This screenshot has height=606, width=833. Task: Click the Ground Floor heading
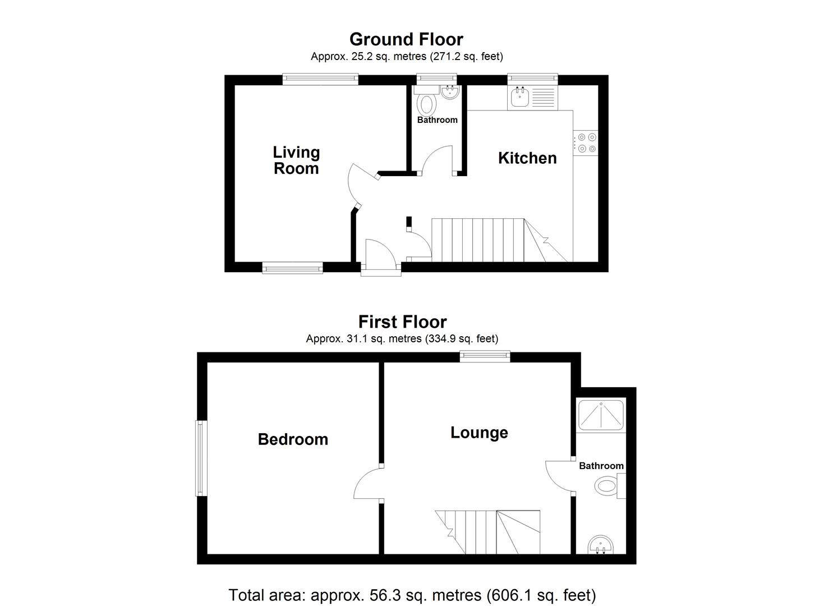(x=406, y=39)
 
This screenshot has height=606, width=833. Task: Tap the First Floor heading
(x=402, y=322)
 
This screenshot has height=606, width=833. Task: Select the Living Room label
(x=296, y=160)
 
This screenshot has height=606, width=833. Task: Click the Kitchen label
(x=527, y=158)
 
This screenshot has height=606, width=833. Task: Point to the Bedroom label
(x=293, y=439)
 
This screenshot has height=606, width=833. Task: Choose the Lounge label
(x=479, y=433)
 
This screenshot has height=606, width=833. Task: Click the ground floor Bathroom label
(x=437, y=120)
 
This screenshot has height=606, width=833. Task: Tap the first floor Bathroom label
(x=601, y=466)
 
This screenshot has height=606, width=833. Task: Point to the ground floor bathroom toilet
(x=427, y=104)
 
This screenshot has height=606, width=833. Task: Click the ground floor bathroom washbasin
(x=450, y=92)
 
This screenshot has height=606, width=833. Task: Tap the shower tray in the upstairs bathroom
(x=601, y=415)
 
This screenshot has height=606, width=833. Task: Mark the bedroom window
(x=201, y=458)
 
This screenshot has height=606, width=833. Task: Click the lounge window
(x=485, y=356)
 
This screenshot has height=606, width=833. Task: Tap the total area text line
(x=412, y=595)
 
